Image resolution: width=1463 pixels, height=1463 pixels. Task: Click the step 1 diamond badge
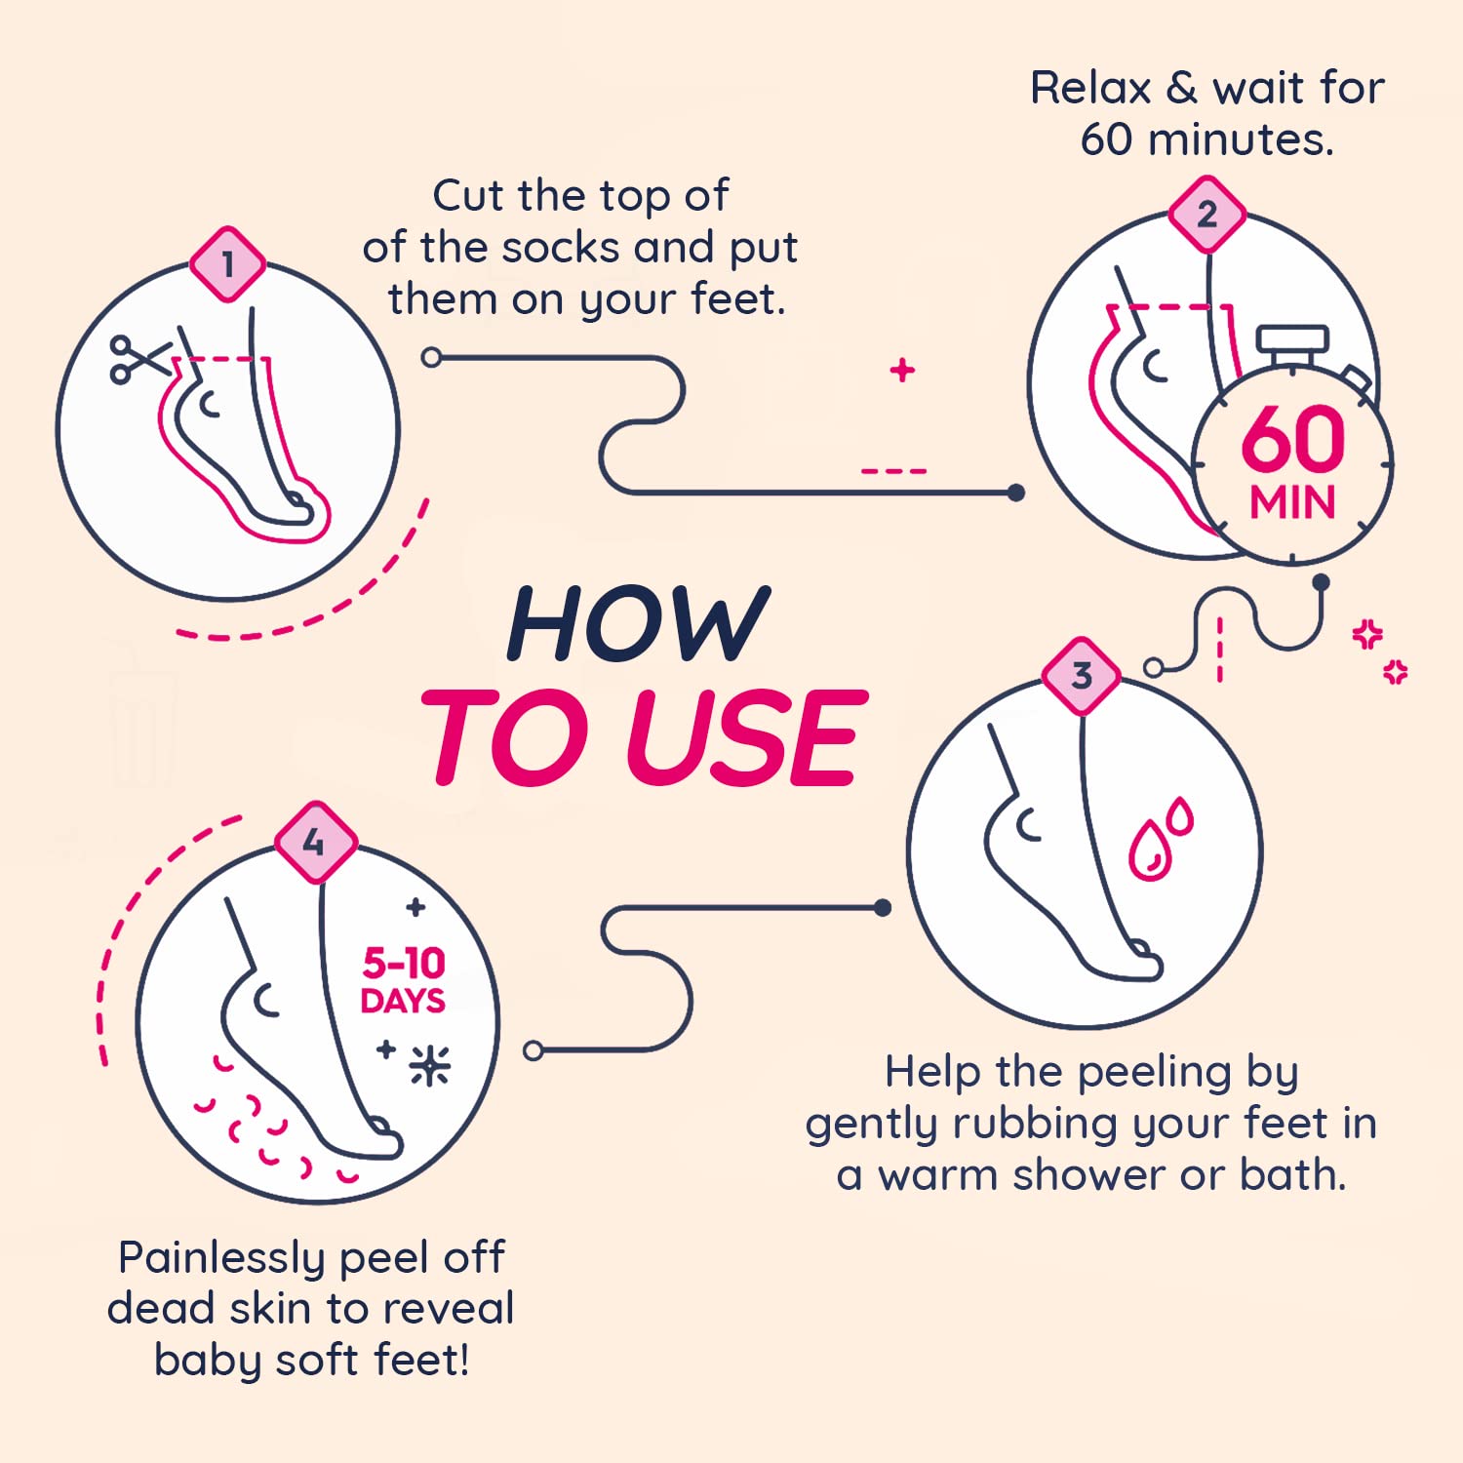pos(227,264)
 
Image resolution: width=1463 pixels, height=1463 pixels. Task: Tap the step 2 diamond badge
pos(1206,215)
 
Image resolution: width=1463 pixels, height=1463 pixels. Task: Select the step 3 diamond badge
pos(1081,676)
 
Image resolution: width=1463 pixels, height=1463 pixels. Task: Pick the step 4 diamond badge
pos(314,842)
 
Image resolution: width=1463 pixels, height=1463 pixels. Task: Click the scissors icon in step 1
pos(138,360)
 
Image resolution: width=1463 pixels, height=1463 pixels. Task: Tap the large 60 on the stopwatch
pos(1292,440)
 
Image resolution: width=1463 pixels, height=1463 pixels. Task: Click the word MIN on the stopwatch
pos(1292,503)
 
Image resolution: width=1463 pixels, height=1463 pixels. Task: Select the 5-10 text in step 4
pos(404,964)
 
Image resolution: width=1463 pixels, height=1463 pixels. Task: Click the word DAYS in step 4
pos(403,1002)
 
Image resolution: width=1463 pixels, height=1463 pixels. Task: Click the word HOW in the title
pos(638,625)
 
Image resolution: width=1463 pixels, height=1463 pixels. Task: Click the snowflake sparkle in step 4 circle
pos(429,1066)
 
